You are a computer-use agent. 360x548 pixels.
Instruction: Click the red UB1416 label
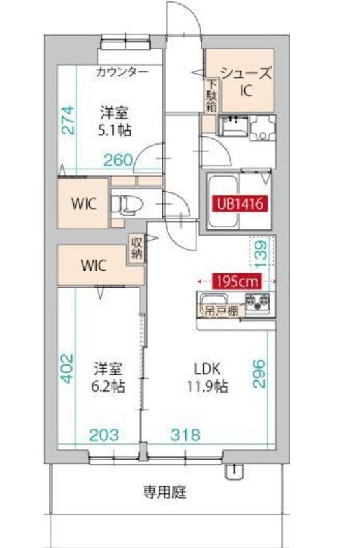pyautogui.click(x=240, y=203)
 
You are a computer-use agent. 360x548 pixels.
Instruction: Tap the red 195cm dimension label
pyautogui.click(x=237, y=280)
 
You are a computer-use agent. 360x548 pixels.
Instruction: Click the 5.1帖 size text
pyautogui.click(x=114, y=129)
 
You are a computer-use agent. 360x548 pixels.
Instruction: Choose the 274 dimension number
pyautogui.click(x=66, y=121)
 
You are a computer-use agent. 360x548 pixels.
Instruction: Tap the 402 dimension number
pyautogui.click(x=65, y=370)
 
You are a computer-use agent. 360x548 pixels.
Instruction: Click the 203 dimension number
pyautogui.click(x=104, y=434)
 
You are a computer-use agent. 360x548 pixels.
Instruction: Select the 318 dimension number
pyautogui.click(x=186, y=434)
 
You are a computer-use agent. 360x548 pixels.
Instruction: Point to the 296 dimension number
pyautogui.click(x=259, y=374)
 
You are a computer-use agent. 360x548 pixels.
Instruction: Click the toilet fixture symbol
pyautogui.click(x=125, y=204)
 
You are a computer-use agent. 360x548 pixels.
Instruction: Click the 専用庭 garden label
pyautogui.click(x=164, y=491)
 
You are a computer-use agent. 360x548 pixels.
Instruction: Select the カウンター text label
pyautogui.click(x=121, y=71)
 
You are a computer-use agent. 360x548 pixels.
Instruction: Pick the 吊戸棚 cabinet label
pyautogui.click(x=218, y=310)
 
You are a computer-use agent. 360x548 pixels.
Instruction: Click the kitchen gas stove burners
pyautogui.click(x=258, y=301)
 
